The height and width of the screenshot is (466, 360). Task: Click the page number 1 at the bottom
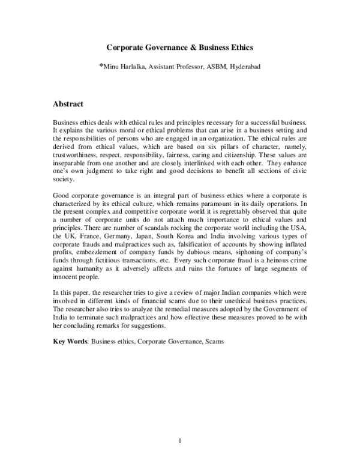coord(180,443)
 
